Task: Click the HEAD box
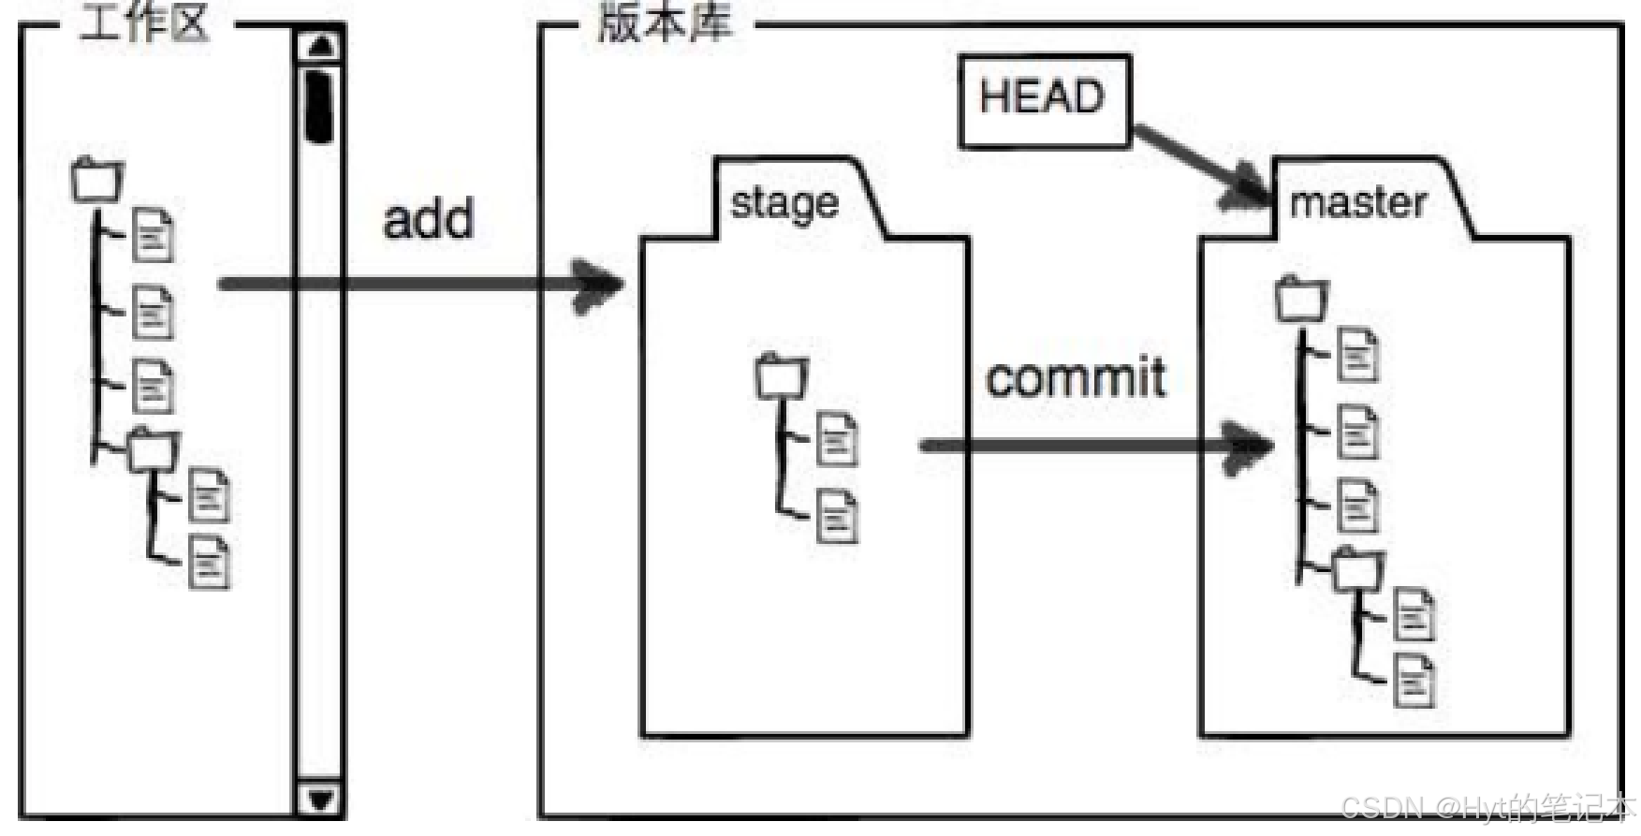[1044, 100]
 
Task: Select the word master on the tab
[1357, 202]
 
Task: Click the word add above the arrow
[429, 219]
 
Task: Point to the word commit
[1076, 378]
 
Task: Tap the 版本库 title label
[664, 22]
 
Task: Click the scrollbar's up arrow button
[321, 45]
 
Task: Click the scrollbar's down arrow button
[320, 799]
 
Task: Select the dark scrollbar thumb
[320, 105]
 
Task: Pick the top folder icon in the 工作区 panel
[97, 179]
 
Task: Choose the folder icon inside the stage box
[781, 376]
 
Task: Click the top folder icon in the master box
[1302, 299]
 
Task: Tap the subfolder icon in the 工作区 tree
[154, 449]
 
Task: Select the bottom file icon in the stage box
[837, 516]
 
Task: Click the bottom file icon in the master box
[1414, 680]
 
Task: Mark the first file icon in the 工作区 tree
[153, 235]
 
